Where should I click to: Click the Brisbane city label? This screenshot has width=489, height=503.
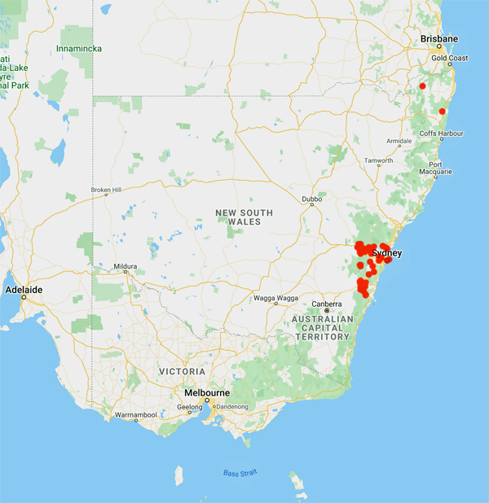[438, 38]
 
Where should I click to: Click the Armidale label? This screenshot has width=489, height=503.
[399, 141]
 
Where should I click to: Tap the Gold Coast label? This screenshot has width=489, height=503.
[450, 59]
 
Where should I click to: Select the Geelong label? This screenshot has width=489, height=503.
[189, 407]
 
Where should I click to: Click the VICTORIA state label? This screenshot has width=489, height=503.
[183, 371]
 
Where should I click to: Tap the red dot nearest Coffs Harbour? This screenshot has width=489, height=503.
[443, 112]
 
